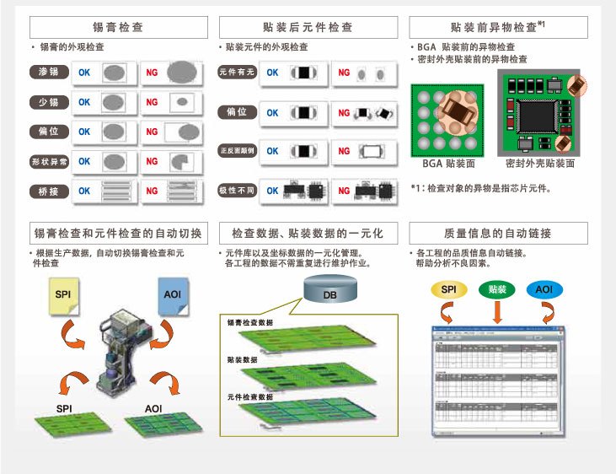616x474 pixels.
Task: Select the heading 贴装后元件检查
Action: click(308, 27)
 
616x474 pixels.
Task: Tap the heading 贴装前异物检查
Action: click(497, 27)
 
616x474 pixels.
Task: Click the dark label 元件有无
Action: click(237, 73)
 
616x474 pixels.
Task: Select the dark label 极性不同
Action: click(237, 191)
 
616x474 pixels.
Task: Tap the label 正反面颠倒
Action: click(237, 151)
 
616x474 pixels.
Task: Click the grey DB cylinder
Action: click(329, 293)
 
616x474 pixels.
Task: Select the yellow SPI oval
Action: click(448, 289)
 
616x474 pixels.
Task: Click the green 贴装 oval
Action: click(498, 289)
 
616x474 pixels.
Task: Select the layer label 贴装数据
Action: click(243, 359)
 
